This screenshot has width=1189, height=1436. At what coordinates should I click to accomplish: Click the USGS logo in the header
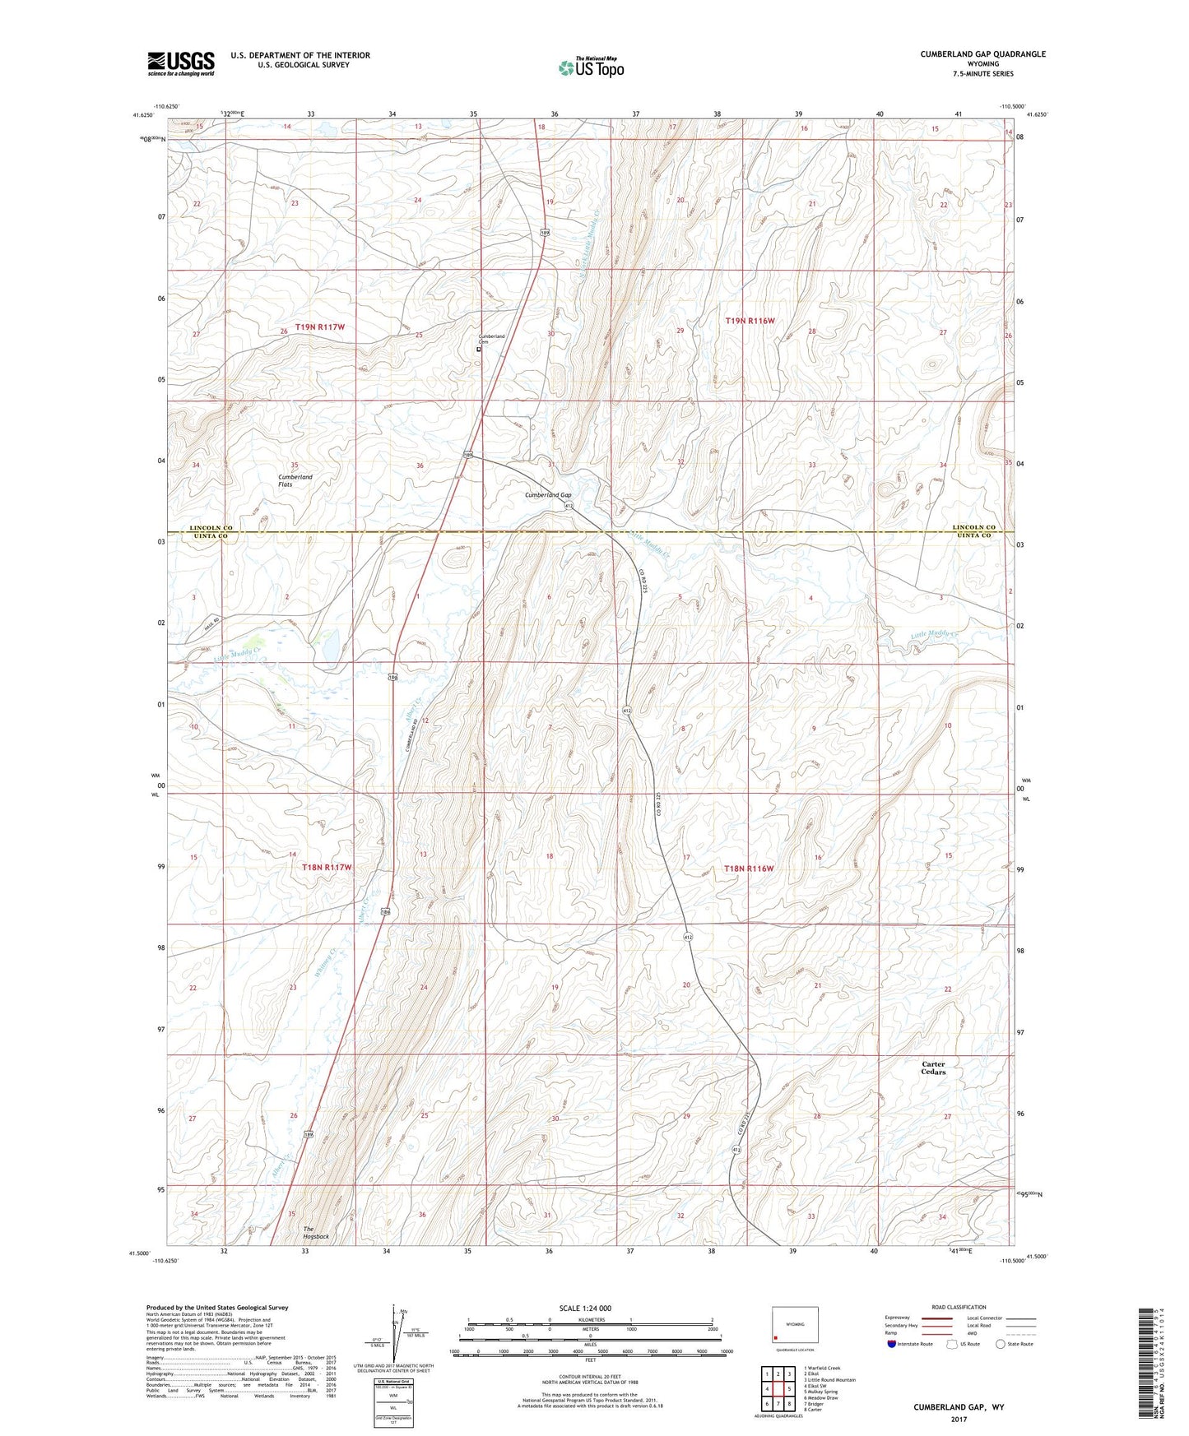coord(181,63)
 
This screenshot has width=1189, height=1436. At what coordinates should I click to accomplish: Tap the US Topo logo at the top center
coord(591,68)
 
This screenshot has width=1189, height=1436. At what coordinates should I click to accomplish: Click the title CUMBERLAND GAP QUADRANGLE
coord(982,54)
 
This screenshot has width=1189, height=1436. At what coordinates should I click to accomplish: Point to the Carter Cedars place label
coord(933,1068)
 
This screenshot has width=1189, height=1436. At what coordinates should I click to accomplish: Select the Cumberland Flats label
coord(295,480)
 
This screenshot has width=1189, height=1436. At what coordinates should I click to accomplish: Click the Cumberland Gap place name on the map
coord(548,495)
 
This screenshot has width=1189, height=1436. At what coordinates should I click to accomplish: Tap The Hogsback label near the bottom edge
coord(315,1232)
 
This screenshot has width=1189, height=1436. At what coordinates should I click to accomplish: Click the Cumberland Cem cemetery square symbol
coord(479,349)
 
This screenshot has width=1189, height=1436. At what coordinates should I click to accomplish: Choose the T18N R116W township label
coord(749,869)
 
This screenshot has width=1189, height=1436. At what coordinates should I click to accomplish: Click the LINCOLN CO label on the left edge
coord(211,527)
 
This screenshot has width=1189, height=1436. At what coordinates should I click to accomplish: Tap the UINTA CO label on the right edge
coord(973,536)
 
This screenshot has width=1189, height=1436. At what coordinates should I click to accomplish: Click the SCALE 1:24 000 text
coord(584,1308)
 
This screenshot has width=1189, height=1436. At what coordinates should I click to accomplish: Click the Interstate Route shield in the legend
coord(892,1344)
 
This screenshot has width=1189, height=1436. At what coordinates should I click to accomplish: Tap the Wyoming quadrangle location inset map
coord(794,1326)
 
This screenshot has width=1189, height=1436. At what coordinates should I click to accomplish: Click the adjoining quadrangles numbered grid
coord(778,1389)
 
